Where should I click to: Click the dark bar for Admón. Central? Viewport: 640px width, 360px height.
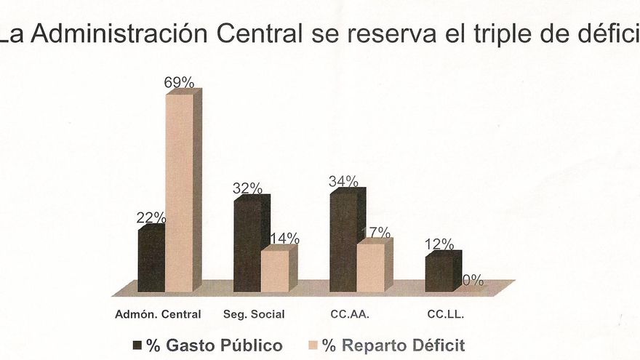(x=151, y=260)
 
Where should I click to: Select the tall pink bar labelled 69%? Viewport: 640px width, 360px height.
(x=180, y=193)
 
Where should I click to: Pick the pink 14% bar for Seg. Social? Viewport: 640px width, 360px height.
(x=275, y=271)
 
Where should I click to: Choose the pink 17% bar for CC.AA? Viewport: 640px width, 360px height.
(x=370, y=267)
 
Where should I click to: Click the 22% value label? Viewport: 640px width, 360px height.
(x=151, y=217)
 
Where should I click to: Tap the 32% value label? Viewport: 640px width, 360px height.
(x=247, y=188)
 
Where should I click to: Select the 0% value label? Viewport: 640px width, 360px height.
(x=473, y=281)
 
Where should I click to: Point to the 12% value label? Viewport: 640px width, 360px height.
(x=439, y=244)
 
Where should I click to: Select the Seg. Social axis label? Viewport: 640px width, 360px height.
(x=255, y=315)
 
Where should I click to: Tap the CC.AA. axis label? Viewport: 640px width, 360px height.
(x=351, y=315)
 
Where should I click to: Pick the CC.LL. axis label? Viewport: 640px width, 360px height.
(x=444, y=315)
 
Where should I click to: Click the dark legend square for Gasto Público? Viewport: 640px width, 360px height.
(x=137, y=344)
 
